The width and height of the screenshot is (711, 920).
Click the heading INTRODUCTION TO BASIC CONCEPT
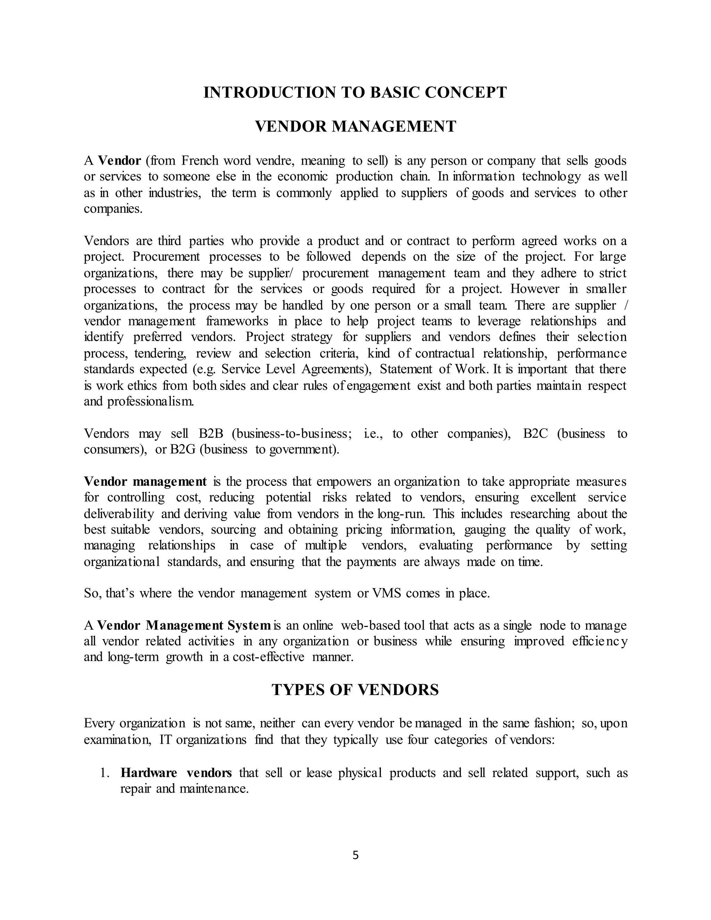click(355, 92)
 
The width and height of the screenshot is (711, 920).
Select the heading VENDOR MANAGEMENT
click(355, 126)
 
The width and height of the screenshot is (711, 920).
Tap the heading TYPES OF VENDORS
click(355, 689)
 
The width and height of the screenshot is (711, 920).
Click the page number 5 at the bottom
click(355, 855)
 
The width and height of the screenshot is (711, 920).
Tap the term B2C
click(535, 434)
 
